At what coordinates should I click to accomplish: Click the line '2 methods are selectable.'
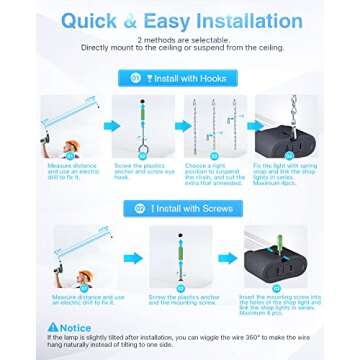tap(179, 40)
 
